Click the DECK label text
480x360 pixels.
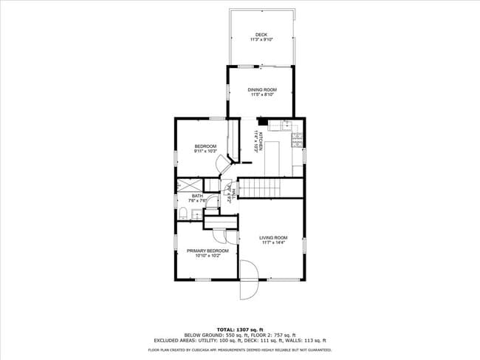[261, 35]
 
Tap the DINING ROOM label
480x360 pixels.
[262, 89]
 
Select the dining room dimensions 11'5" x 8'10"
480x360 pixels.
[262, 95]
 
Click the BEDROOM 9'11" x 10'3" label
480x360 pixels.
[205, 146]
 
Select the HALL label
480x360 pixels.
[232, 194]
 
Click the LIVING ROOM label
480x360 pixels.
[272, 237]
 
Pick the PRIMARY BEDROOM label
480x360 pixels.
[207, 251]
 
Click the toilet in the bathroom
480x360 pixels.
[182, 214]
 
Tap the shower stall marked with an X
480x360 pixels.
[189, 186]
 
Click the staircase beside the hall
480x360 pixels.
[270, 188]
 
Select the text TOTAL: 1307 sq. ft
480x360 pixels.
[240, 329]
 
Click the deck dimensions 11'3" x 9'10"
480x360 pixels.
[261, 40]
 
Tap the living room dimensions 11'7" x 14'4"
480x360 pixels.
[272, 242]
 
